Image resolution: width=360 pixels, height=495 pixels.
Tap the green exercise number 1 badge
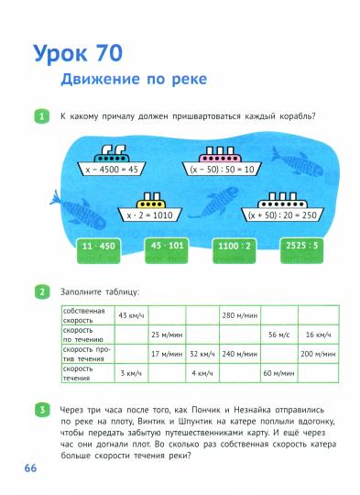coord(41,116)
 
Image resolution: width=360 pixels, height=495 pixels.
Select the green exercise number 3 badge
coord(41,407)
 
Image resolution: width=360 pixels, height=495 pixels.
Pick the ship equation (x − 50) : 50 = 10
coord(223,170)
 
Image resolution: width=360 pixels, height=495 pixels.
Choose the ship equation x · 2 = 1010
coord(149,214)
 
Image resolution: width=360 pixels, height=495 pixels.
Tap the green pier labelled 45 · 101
coord(167,247)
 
